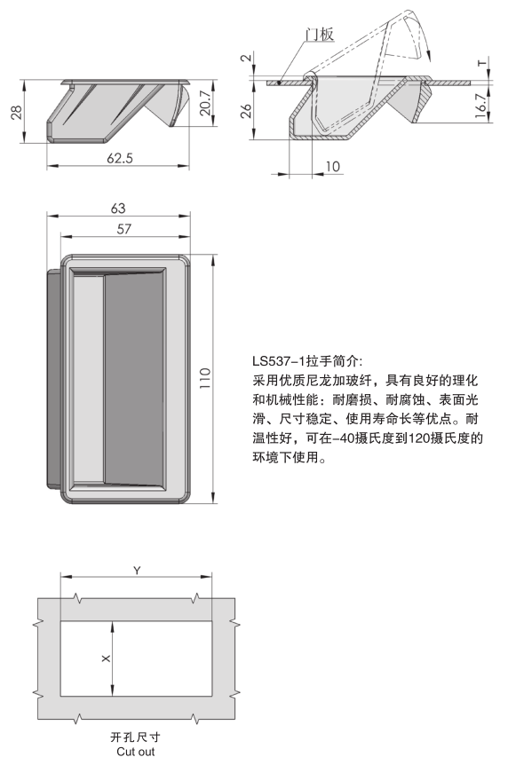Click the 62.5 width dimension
click(x=120, y=158)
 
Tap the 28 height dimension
click(x=16, y=112)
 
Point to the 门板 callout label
click(x=319, y=34)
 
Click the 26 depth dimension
click(x=247, y=110)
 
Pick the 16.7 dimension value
click(x=480, y=106)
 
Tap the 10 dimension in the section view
click(x=332, y=167)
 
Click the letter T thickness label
click(x=482, y=63)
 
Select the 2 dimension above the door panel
click(x=247, y=58)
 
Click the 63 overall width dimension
click(x=118, y=209)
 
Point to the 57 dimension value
click(x=124, y=229)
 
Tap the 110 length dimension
click(x=205, y=378)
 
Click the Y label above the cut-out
click(x=137, y=570)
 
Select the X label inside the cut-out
click(x=106, y=659)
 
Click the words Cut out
click(x=136, y=752)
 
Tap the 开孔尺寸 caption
click(x=135, y=737)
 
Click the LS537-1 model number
click(x=278, y=361)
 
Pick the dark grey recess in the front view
click(x=134, y=378)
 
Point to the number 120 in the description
click(x=418, y=438)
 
